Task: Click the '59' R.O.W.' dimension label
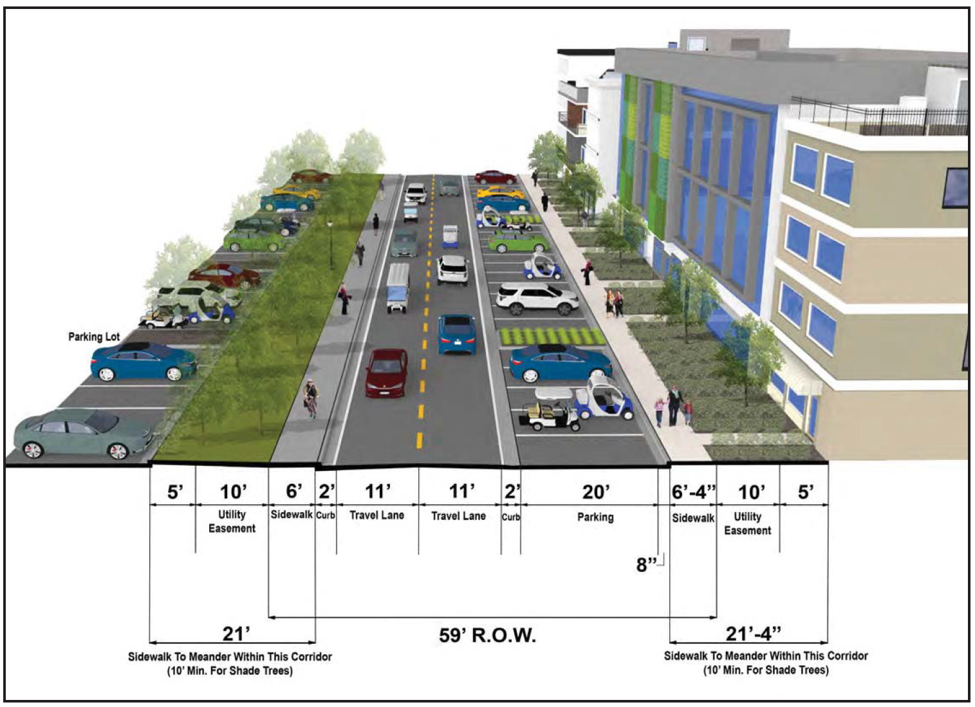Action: (x=487, y=636)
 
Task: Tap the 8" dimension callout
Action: (x=646, y=565)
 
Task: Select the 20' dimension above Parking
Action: (x=595, y=492)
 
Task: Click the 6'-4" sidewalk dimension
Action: (x=693, y=492)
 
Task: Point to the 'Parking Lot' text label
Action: (x=93, y=336)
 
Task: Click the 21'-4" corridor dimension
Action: (x=753, y=634)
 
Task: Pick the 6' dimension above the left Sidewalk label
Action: (x=294, y=491)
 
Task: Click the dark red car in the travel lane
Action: (x=387, y=373)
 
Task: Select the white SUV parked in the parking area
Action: (x=537, y=298)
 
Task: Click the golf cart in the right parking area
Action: (x=551, y=409)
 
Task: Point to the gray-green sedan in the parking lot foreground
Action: (x=83, y=434)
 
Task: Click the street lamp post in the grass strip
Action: (x=330, y=244)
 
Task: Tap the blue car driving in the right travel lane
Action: (x=456, y=334)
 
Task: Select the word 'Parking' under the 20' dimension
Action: (x=595, y=517)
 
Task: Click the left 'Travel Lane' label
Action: (x=377, y=515)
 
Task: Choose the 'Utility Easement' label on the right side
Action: (x=747, y=524)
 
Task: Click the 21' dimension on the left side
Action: (x=236, y=634)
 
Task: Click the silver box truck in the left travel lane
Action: (x=398, y=288)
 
